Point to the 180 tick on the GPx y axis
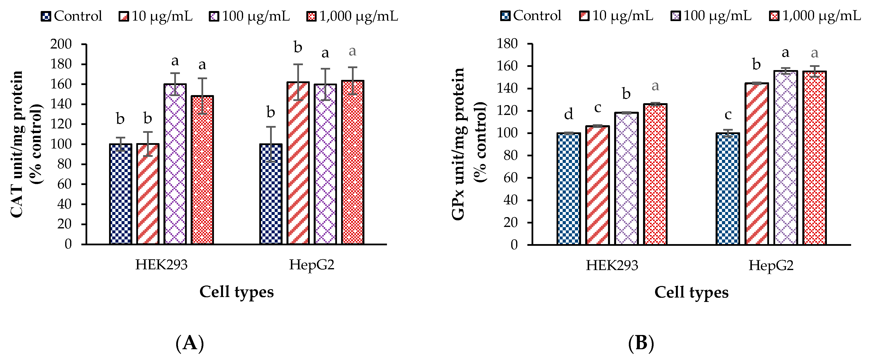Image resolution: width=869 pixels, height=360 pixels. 507,44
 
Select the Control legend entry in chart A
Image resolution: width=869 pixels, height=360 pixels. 72,16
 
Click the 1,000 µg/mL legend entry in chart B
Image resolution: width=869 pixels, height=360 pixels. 815,16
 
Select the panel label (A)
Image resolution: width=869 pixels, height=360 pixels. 190,343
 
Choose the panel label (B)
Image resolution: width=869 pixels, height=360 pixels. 641,343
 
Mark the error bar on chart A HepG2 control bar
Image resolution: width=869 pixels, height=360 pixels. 271,144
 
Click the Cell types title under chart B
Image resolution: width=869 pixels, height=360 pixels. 691,292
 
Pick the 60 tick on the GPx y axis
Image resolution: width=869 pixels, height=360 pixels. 510,178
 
